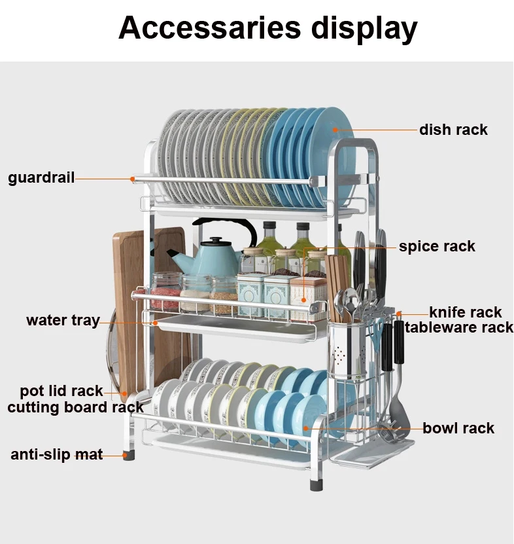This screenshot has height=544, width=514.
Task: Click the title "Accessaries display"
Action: point(267,29)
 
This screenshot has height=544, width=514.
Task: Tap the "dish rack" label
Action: point(453,130)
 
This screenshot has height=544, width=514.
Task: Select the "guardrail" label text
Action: point(41,177)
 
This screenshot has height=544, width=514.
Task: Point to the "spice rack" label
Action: point(437,247)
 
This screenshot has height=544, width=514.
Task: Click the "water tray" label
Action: point(63,320)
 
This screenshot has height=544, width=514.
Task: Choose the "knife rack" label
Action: point(465,312)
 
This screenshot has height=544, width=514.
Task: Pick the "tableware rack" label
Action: point(459,327)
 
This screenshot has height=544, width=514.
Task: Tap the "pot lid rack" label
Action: point(61,391)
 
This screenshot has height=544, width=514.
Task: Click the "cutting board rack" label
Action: point(75,407)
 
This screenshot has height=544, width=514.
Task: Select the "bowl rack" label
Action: point(458,428)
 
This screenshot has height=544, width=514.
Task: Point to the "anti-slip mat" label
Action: point(56,454)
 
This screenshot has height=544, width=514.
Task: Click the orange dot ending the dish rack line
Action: point(334,130)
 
